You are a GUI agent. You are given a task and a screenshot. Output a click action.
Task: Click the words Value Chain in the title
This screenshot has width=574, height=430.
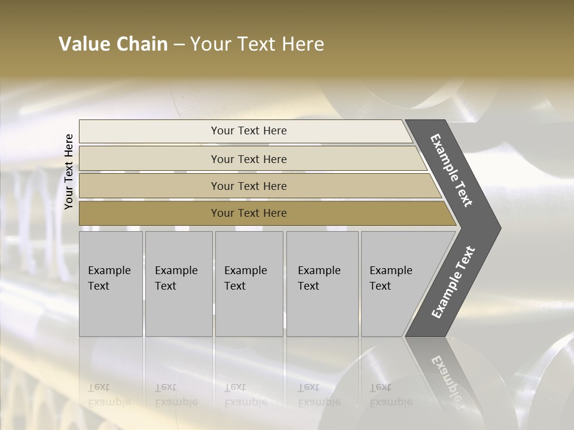(113, 44)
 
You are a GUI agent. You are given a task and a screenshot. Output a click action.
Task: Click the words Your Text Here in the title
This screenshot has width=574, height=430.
(257, 44)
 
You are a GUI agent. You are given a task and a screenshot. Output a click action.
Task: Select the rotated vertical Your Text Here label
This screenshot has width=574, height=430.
(69, 172)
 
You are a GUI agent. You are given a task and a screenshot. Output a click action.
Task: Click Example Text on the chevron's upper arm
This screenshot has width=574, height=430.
(451, 170)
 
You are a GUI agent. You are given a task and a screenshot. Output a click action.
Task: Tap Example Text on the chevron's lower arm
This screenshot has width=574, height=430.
(453, 282)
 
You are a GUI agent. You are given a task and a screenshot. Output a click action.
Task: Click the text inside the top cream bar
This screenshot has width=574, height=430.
(249, 131)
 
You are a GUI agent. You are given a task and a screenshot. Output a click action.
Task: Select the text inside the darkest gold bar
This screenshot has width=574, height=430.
(249, 213)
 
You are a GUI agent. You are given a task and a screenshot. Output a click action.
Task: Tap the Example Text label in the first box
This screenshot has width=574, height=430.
(109, 278)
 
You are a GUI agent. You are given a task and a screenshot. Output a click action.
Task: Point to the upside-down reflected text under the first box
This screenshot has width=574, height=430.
(109, 395)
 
